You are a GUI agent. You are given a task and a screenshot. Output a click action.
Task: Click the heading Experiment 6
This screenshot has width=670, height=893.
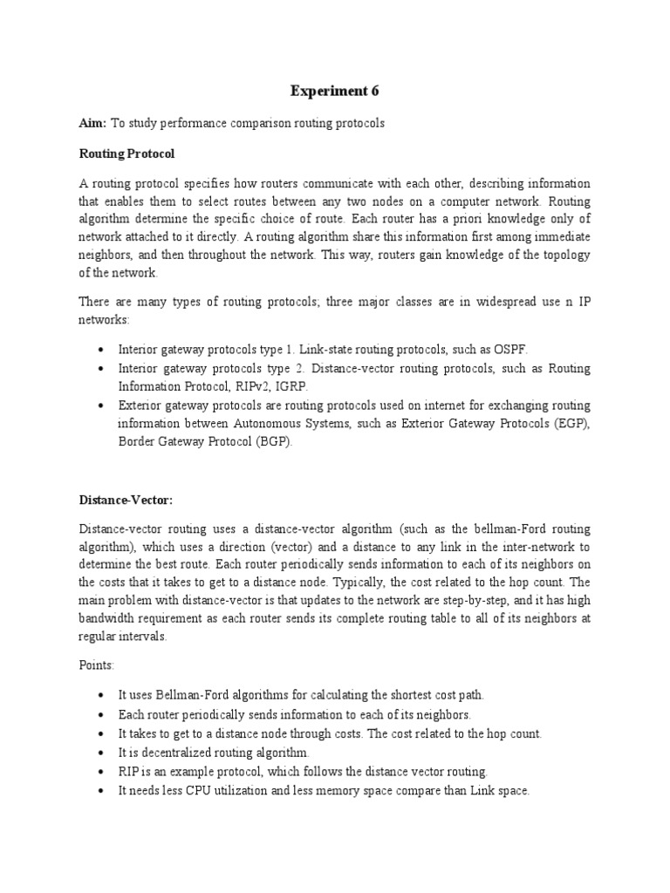point(335,91)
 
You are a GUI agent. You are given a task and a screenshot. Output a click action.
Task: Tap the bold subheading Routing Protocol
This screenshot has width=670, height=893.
point(127,153)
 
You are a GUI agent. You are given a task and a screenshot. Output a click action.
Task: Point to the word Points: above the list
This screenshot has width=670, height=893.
point(98,665)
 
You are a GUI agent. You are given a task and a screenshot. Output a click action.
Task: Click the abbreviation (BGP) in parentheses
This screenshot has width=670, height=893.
point(275,442)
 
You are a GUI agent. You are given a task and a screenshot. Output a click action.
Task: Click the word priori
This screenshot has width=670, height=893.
point(468,218)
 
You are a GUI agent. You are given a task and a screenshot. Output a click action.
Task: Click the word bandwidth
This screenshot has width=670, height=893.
point(109,619)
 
